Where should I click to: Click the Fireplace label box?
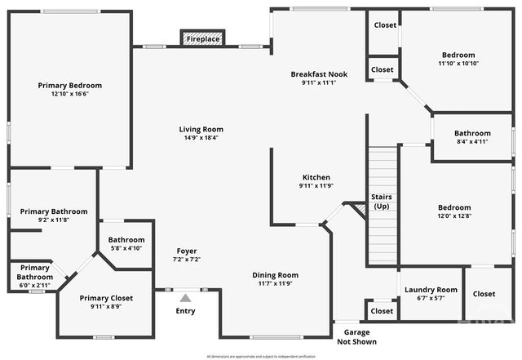(202, 39)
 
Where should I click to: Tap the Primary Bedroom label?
(70, 85)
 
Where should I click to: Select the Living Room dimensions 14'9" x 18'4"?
(201, 138)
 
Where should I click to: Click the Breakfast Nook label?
(319, 74)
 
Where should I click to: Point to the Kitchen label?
(316, 177)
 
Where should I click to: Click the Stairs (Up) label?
(381, 202)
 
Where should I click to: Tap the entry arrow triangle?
(186, 299)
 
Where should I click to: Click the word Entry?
(186, 311)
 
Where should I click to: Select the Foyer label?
(187, 251)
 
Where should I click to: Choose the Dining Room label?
(276, 275)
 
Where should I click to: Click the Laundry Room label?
(431, 290)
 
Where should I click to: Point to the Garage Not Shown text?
(356, 337)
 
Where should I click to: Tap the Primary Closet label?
(106, 298)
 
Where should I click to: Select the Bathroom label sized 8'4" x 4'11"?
(472, 133)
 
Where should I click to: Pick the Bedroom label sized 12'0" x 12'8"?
(453, 207)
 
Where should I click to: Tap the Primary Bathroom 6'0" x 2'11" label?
(35, 273)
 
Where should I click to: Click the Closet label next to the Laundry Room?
(484, 294)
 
